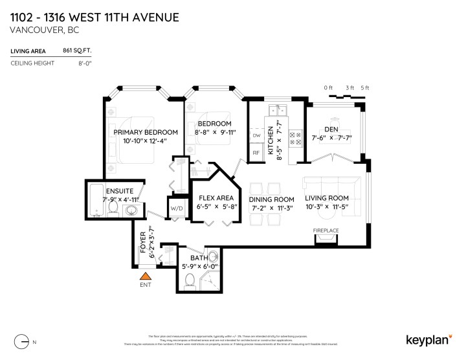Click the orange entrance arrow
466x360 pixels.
click(x=145, y=276)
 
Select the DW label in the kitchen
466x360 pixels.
click(x=256, y=135)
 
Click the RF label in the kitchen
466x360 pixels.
click(x=256, y=153)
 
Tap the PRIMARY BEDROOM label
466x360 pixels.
click(x=145, y=132)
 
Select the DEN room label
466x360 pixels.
click(x=332, y=128)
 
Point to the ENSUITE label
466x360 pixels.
click(x=121, y=192)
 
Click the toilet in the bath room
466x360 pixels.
click(x=190, y=280)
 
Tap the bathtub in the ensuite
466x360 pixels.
click(x=96, y=201)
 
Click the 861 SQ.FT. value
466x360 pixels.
click(x=76, y=50)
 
